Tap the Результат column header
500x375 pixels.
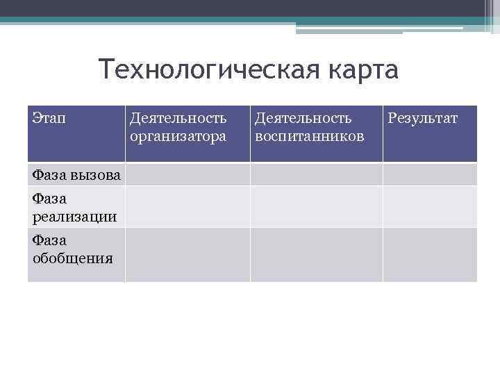tap(422, 119)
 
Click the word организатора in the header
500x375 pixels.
tap(178, 136)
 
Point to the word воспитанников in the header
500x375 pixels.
tap(309, 136)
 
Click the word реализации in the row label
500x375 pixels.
tap(74, 217)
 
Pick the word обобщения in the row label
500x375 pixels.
tap(72, 258)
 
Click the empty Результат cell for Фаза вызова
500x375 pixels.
tap(429, 174)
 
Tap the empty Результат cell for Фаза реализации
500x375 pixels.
tap(429, 206)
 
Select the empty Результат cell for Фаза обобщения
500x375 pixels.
tap(429, 254)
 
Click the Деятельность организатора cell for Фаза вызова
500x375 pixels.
tap(187, 174)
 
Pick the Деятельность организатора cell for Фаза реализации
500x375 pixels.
tap(187, 206)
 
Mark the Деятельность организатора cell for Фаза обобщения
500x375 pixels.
tap(187, 254)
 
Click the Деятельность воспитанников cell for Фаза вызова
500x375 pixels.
tap(316, 174)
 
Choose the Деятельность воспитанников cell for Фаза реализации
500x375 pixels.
tap(316, 206)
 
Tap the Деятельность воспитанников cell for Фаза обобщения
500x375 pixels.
tap(316, 254)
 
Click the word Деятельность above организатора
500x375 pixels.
tap(178, 119)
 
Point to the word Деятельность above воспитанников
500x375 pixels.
tap(303, 119)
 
